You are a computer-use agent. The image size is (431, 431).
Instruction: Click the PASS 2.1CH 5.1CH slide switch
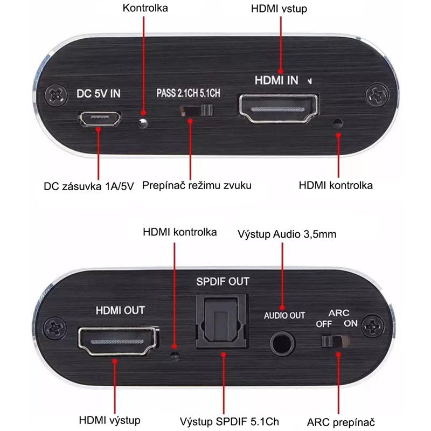pyautogui.click(x=195, y=110)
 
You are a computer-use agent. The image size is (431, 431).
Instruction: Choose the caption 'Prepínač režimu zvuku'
pyautogui.click(x=197, y=186)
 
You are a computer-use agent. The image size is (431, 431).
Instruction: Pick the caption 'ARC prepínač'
pyautogui.click(x=340, y=421)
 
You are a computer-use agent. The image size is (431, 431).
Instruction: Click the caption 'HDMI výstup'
pyautogui.click(x=109, y=420)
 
